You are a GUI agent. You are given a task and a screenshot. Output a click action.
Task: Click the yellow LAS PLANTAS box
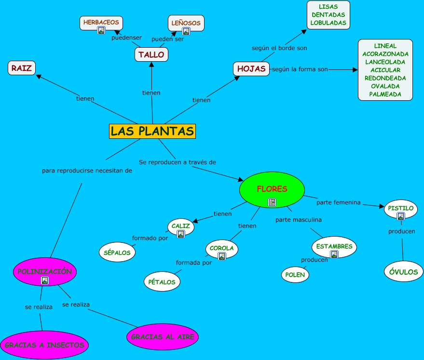[152, 131]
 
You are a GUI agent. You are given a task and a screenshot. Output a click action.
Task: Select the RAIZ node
[22, 68]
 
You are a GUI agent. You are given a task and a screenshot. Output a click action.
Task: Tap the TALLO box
[151, 54]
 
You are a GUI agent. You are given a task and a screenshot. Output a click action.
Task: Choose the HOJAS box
[251, 69]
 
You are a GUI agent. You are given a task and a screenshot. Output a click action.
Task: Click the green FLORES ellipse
[272, 189]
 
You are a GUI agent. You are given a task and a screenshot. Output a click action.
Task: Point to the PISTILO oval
[401, 208]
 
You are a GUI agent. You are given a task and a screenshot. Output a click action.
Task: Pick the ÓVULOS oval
[403, 272]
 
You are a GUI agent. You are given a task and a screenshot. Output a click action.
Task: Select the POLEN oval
[295, 274]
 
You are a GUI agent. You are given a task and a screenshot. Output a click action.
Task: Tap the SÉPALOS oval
[117, 252]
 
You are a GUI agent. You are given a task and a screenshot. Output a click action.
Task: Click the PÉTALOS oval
[162, 282]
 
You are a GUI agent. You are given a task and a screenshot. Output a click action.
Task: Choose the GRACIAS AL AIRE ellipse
[163, 337]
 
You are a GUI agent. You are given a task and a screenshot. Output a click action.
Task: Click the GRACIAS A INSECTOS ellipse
[44, 345]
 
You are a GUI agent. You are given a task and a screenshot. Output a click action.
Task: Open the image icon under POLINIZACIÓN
[45, 280]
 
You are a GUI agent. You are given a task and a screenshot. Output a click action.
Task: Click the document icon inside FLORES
[272, 202]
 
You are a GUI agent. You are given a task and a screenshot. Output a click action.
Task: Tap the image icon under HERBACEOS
[101, 30]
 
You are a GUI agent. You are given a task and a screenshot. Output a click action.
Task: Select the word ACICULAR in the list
[385, 70]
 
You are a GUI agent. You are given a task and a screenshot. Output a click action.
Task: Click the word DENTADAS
[328, 15]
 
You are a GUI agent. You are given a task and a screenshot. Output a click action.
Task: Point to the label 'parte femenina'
[339, 202]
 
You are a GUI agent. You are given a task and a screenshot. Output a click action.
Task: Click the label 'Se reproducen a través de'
[178, 162]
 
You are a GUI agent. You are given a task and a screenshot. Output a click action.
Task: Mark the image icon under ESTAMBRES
[334, 254]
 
